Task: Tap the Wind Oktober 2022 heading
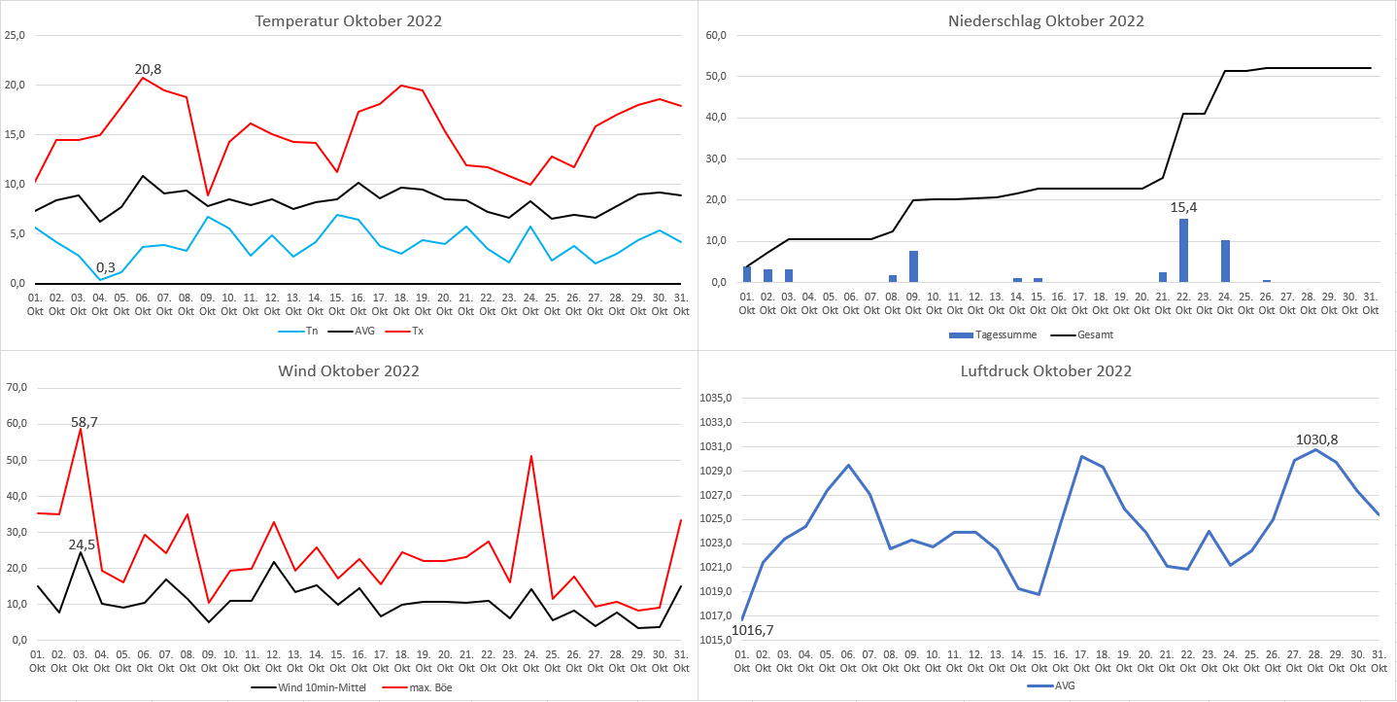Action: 349,370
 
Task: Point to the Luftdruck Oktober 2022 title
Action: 1046,370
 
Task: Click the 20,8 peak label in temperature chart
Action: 148,69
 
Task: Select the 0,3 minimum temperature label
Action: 106,267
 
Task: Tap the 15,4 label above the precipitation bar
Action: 1183,208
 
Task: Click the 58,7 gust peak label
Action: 84,422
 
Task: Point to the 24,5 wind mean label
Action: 82,544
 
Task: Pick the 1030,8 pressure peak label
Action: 1315,439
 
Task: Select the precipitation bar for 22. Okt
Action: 1183,250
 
